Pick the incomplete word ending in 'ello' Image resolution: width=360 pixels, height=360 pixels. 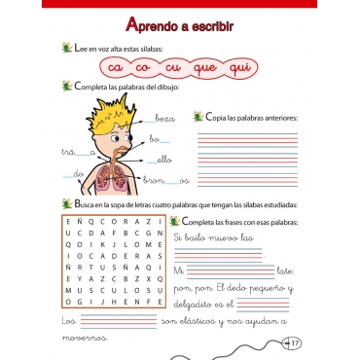click(160, 159)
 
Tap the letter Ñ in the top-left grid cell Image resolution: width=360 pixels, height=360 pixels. click(68, 223)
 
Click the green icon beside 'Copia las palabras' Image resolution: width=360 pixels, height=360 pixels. click(198, 118)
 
